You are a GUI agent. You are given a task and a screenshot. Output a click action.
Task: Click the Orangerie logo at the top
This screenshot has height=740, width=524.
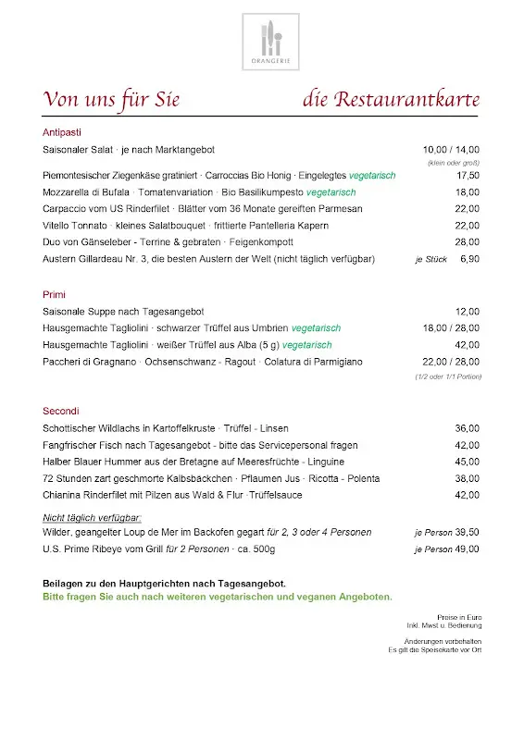pos(271,43)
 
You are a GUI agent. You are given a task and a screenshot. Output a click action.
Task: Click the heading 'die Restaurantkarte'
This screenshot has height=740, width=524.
pos(390,99)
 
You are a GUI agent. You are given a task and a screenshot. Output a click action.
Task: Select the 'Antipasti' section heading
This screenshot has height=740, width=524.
pos(63,132)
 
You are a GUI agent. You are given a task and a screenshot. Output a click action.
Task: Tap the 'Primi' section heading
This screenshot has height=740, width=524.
pos(55,294)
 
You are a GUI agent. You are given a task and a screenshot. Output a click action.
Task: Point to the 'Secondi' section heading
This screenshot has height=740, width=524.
pos(61,411)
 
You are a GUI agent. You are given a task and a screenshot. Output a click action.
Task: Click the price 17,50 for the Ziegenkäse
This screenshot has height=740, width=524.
pos(468,175)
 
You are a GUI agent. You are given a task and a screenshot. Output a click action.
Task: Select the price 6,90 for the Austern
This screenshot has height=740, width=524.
pos(469,259)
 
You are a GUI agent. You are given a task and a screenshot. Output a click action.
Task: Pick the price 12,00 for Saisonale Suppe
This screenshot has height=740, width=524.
pos(468,312)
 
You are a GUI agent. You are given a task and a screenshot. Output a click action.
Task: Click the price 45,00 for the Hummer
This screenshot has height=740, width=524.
pos(468,462)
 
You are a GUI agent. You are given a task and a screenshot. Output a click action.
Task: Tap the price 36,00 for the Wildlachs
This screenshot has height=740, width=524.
pos(468,428)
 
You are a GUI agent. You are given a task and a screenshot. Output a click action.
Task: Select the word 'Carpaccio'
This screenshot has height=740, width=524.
pos(66,209)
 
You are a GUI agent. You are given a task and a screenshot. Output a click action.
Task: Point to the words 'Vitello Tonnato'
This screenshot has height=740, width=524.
pos(75,226)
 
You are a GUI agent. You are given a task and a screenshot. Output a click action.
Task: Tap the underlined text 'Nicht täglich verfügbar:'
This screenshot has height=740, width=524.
pos(92,517)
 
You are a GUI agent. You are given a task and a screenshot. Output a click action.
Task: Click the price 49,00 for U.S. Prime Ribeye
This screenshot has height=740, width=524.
pos(468,549)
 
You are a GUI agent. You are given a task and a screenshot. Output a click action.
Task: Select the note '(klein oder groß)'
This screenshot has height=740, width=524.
pos(454,163)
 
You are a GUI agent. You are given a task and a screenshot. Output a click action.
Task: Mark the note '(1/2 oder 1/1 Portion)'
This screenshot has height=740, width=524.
pos(447,376)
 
